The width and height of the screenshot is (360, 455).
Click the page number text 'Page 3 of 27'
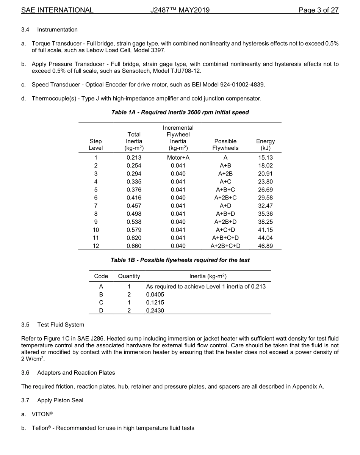(x=318, y=10)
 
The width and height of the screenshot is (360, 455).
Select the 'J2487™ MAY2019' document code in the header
(x=180, y=10)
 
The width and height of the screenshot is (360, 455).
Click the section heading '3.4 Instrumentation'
(x=49, y=30)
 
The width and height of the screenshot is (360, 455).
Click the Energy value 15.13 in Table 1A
(x=265, y=157)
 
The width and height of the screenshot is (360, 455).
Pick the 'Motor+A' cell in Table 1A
(x=178, y=157)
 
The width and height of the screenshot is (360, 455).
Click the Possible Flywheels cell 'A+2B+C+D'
(x=225, y=246)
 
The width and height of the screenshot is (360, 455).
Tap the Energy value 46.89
(x=265, y=246)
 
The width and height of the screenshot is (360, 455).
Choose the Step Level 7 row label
(x=96, y=206)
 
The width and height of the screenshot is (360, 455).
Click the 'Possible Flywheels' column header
(x=225, y=144)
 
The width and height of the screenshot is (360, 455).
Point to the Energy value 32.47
(x=265, y=206)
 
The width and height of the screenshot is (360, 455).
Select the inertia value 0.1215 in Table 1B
(x=155, y=303)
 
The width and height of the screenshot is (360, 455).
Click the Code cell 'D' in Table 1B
(x=101, y=311)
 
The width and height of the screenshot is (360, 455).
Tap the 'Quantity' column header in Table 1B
(x=129, y=276)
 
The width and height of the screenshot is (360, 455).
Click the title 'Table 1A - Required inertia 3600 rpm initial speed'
(x=180, y=112)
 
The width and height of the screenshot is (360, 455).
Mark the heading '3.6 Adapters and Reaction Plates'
(x=68, y=372)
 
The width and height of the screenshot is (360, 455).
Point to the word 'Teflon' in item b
(x=39, y=428)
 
